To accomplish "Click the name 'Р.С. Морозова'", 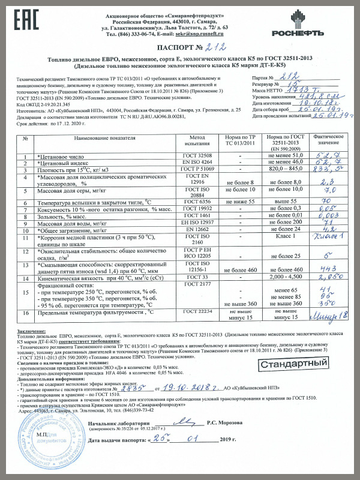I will (227, 440).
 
